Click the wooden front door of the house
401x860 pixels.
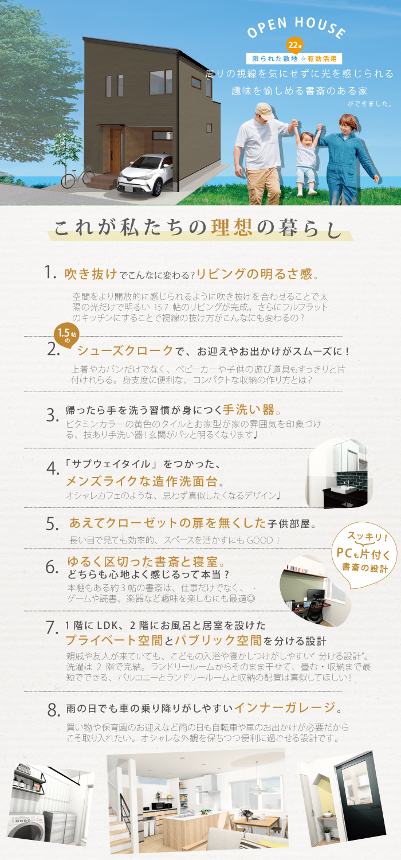click(116, 151)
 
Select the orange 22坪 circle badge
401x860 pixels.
click(294, 45)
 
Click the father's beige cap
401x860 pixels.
click(265, 111)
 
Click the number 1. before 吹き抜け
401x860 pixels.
click(50, 272)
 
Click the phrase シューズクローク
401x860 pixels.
click(125, 350)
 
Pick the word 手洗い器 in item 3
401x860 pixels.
click(249, 410)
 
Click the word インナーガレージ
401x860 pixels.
click(285, 707)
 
